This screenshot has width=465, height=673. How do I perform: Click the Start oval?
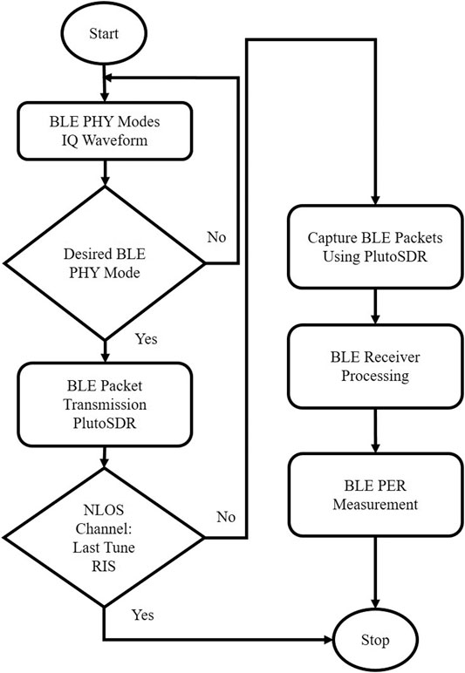click(x=104, y=33)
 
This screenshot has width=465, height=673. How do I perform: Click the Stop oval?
click(x=375, y=640)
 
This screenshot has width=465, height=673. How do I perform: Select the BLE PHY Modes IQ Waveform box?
click(x=105, y=131)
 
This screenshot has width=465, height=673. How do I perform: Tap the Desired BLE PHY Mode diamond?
click(x=105, y=263)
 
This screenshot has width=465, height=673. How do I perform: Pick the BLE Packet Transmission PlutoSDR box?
click(x=105, y=404)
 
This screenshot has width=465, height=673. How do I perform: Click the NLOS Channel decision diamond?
click(x=104, y=537)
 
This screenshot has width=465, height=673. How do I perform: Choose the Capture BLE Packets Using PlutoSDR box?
click(x=375, y=247)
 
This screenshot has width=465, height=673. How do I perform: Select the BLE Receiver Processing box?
click(x=375, y=366)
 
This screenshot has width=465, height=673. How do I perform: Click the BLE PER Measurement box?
click(x=375, y=494)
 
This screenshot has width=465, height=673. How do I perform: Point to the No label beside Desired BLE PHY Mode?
click(x=216, y=237)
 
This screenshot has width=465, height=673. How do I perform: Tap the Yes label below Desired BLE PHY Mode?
click(x=147, y=338)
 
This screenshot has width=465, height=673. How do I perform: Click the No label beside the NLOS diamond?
click(x=226, y=516)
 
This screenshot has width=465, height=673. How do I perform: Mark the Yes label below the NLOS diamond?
click(x=142, y=615)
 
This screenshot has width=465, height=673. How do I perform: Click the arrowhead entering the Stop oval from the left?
click(x=330, y=640)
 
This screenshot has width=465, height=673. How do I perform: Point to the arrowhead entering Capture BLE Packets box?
click(x=375, y=201)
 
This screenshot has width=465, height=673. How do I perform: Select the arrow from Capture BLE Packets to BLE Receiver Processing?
click(x=375, y=307)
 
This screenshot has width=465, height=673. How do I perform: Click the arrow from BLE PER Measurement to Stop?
click(x=375, y=572)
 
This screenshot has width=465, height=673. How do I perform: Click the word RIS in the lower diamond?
click(x=104, y=566)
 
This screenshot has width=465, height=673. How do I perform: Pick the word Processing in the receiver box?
click(x=375, y=376)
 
